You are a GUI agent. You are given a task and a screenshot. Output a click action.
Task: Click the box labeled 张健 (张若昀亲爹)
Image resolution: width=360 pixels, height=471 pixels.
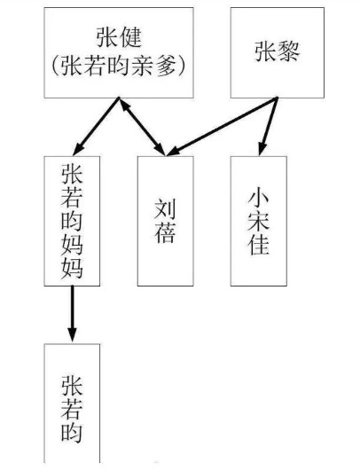[x=118, y=51]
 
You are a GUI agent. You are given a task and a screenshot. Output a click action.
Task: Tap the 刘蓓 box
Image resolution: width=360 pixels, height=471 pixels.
[x=165, y=220]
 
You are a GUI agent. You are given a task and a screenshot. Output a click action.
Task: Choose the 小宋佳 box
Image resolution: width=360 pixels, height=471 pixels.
[x=258, y=220]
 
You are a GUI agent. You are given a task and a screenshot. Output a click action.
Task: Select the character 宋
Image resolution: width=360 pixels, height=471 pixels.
[x=258, y=220]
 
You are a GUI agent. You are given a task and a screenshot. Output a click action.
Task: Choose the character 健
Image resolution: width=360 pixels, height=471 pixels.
[x=132, y=37]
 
